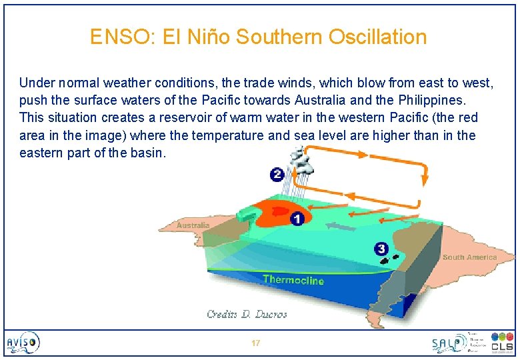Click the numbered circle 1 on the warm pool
pos(297,219)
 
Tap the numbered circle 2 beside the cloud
pos(277,175)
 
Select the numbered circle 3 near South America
pos(381,249)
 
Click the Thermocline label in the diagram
pos(293,279)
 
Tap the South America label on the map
pos(469,257)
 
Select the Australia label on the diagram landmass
pos(193,225)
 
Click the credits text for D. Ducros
pos(247,314)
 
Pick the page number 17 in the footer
pos(255,343)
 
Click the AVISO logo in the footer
pos(23,343)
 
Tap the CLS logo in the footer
pos(501,343)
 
